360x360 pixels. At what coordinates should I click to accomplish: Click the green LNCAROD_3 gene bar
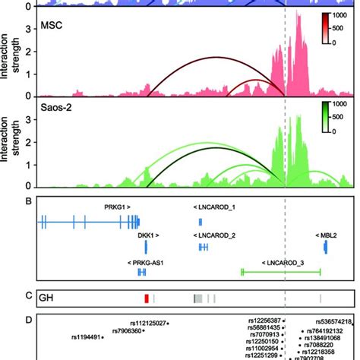(x=280, y=270)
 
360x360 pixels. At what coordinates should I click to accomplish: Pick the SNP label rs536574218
(x=330, y=322)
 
